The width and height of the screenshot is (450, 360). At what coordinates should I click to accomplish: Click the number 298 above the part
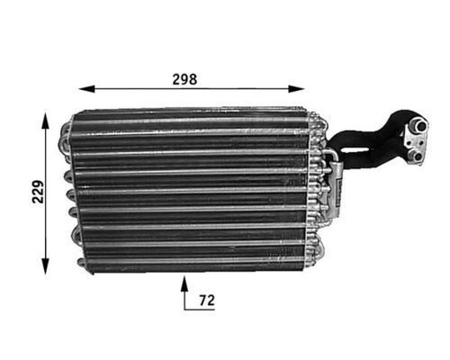[x=184, y=78]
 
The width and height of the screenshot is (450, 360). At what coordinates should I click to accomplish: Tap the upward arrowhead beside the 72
[x=185, y=283]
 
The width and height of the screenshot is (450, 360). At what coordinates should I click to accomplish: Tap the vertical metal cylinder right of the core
[x=330, y=189]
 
